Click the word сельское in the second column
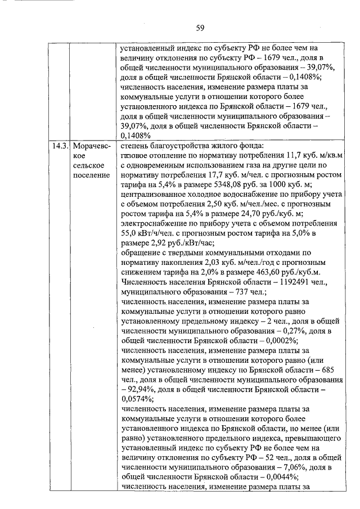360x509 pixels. [x=88, y=165]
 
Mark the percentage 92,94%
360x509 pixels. [x=141, y=388]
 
